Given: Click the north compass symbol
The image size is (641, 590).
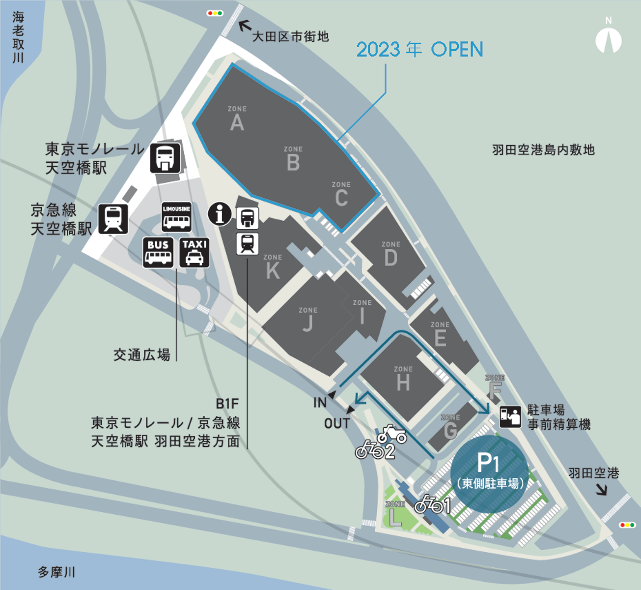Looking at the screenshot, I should (609, 39).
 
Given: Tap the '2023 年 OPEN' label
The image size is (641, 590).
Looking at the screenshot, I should (419, 49).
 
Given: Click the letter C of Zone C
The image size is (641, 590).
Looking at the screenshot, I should (341, 198).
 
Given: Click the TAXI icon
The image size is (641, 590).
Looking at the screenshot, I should (195, 253).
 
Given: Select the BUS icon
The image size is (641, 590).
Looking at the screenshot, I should (158, 253).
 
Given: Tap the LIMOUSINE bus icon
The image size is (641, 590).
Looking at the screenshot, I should (176, 217).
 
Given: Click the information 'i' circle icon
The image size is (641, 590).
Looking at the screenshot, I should (220, 214).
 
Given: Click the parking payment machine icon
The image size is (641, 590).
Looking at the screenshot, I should (510, 416).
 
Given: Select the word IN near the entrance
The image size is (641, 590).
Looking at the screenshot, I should (320, 403).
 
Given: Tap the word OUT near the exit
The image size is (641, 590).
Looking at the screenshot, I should (337, 423).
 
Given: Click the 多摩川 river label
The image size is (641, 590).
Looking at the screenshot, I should (56, 572).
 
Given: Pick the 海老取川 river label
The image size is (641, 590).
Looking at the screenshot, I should (18, 37).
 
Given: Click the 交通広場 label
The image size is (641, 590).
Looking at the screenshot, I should (141, 354).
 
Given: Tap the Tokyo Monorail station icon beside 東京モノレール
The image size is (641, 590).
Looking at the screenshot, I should (165, 158).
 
